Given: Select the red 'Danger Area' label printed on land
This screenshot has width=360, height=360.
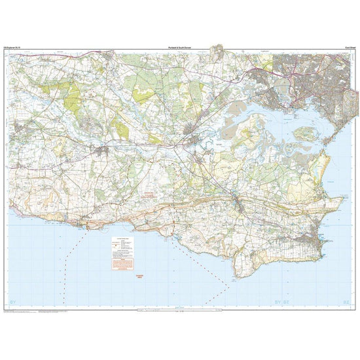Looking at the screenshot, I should (x=150, y=194).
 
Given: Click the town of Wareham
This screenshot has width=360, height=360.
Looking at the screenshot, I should (x=194, y=140).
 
